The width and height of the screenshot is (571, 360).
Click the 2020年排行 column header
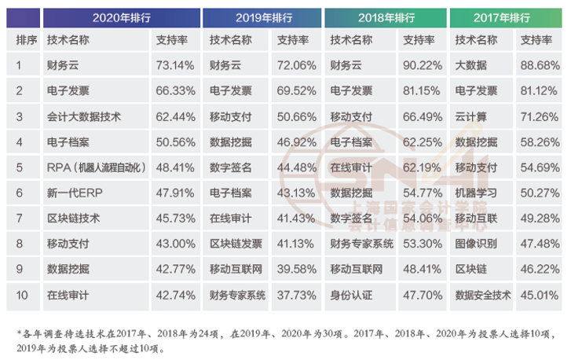(121, 17)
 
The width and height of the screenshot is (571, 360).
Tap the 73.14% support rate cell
(176, 65)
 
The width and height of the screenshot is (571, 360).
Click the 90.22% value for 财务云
(421, 65)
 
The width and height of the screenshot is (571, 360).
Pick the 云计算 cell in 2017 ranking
(471, 116)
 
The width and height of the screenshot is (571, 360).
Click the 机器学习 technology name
(476, 193)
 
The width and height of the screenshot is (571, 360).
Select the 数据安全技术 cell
(482, 296)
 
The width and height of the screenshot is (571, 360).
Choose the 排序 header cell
(26, 40)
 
